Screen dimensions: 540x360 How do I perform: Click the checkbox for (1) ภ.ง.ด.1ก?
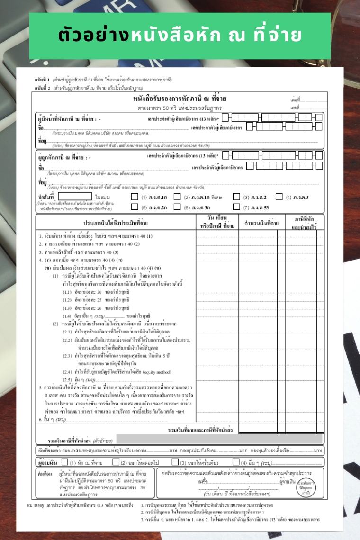tap(134, 197)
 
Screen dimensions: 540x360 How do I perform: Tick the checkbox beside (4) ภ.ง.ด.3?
tap(279, 197)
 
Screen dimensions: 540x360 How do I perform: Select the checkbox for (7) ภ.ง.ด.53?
tap(236, 207)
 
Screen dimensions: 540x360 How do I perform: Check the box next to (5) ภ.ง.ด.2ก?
tap(134, 207)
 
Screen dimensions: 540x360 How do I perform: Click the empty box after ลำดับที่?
tap(75, 197)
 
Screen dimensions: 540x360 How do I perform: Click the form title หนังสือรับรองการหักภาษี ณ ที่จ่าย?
tap(180, 99)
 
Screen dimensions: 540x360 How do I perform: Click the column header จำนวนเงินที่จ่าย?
tap(261, 223)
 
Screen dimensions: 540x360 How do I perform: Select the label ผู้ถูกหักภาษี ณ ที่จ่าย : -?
tap(69, 155)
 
